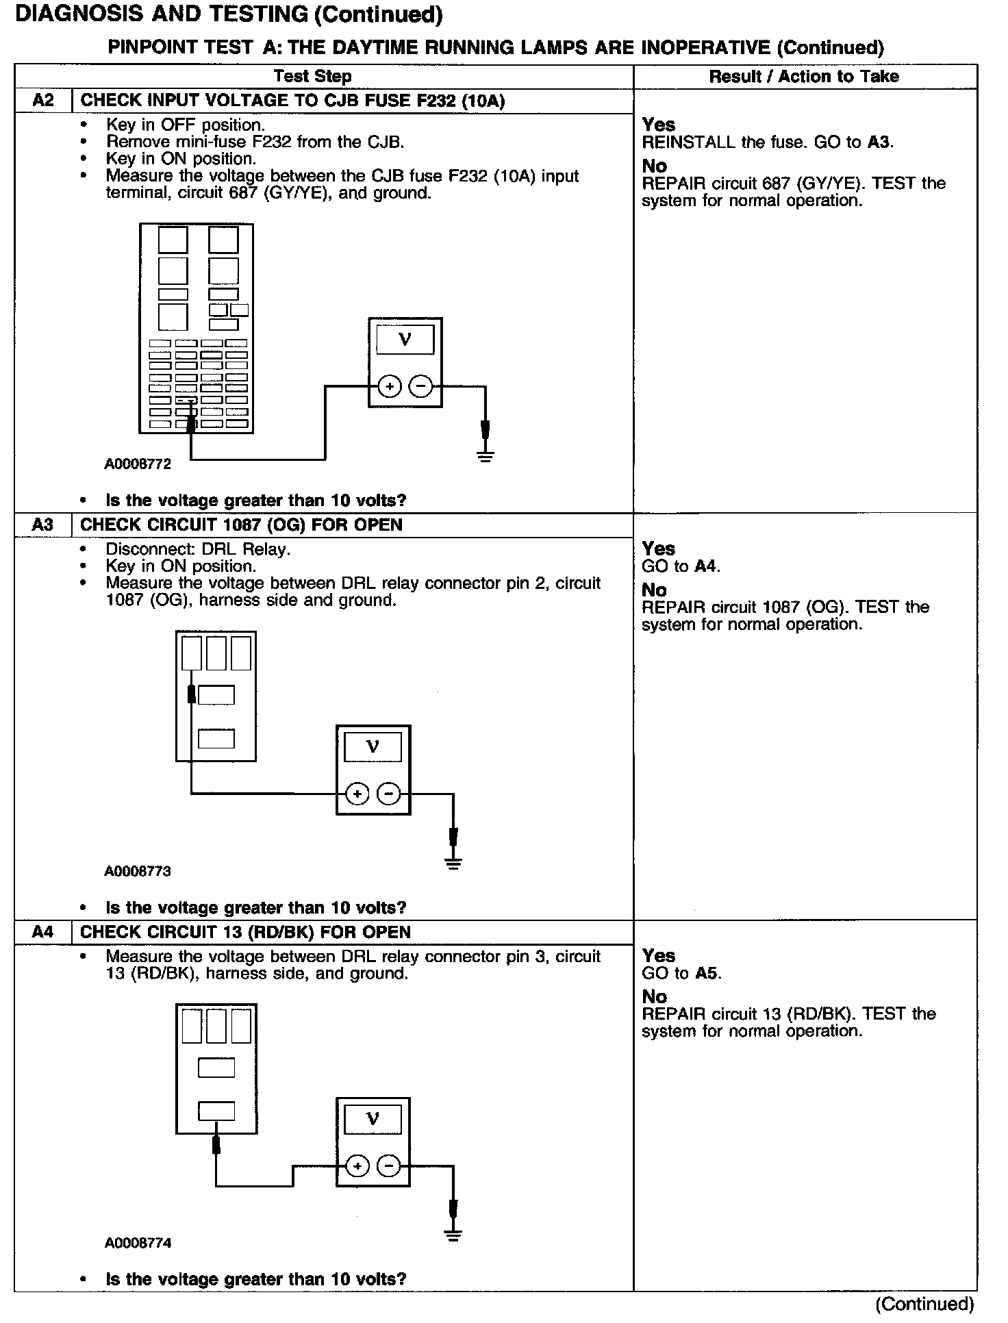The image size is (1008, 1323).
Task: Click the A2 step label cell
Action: pyautogui.click(x=43, y=101)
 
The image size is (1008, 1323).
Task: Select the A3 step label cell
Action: pyautogui.click(x=43, y=525)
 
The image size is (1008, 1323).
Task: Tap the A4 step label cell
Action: pyautogui.click(x=43, y=932)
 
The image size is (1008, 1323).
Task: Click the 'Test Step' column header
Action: pyautogui.click(x=312, y=77)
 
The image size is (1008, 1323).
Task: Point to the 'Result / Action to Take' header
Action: pyautogui.click(x=804, y=77)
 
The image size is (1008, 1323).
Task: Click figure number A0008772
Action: pyautogui.click(x=138, y=464)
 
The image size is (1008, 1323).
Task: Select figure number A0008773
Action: pyautogui.click(x=138, y=872)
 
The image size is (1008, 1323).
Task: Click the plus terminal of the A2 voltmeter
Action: pyautogui.click(x=390, y=387)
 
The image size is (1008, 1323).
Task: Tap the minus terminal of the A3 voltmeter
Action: pyautogui.click(x=389, y=794)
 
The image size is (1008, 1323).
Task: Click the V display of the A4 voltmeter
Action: pyautogui.click(x=373, y=1119)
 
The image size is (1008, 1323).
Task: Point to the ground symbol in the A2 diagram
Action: pyautogui.click(x=486, y=456)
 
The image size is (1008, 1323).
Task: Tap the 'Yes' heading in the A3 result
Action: pyautogui.click(x=659, y=549)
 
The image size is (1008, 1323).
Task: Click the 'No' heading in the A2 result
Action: pyautogui.click(x=655, y=166)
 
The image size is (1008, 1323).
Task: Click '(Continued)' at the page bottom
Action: pyautogui.click(x=924, y=1304)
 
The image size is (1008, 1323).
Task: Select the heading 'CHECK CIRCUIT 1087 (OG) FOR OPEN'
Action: pyautogui.click(x=241, y=525)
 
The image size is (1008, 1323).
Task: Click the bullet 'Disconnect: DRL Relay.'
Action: pyautogui.click(x=198, y=549)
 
